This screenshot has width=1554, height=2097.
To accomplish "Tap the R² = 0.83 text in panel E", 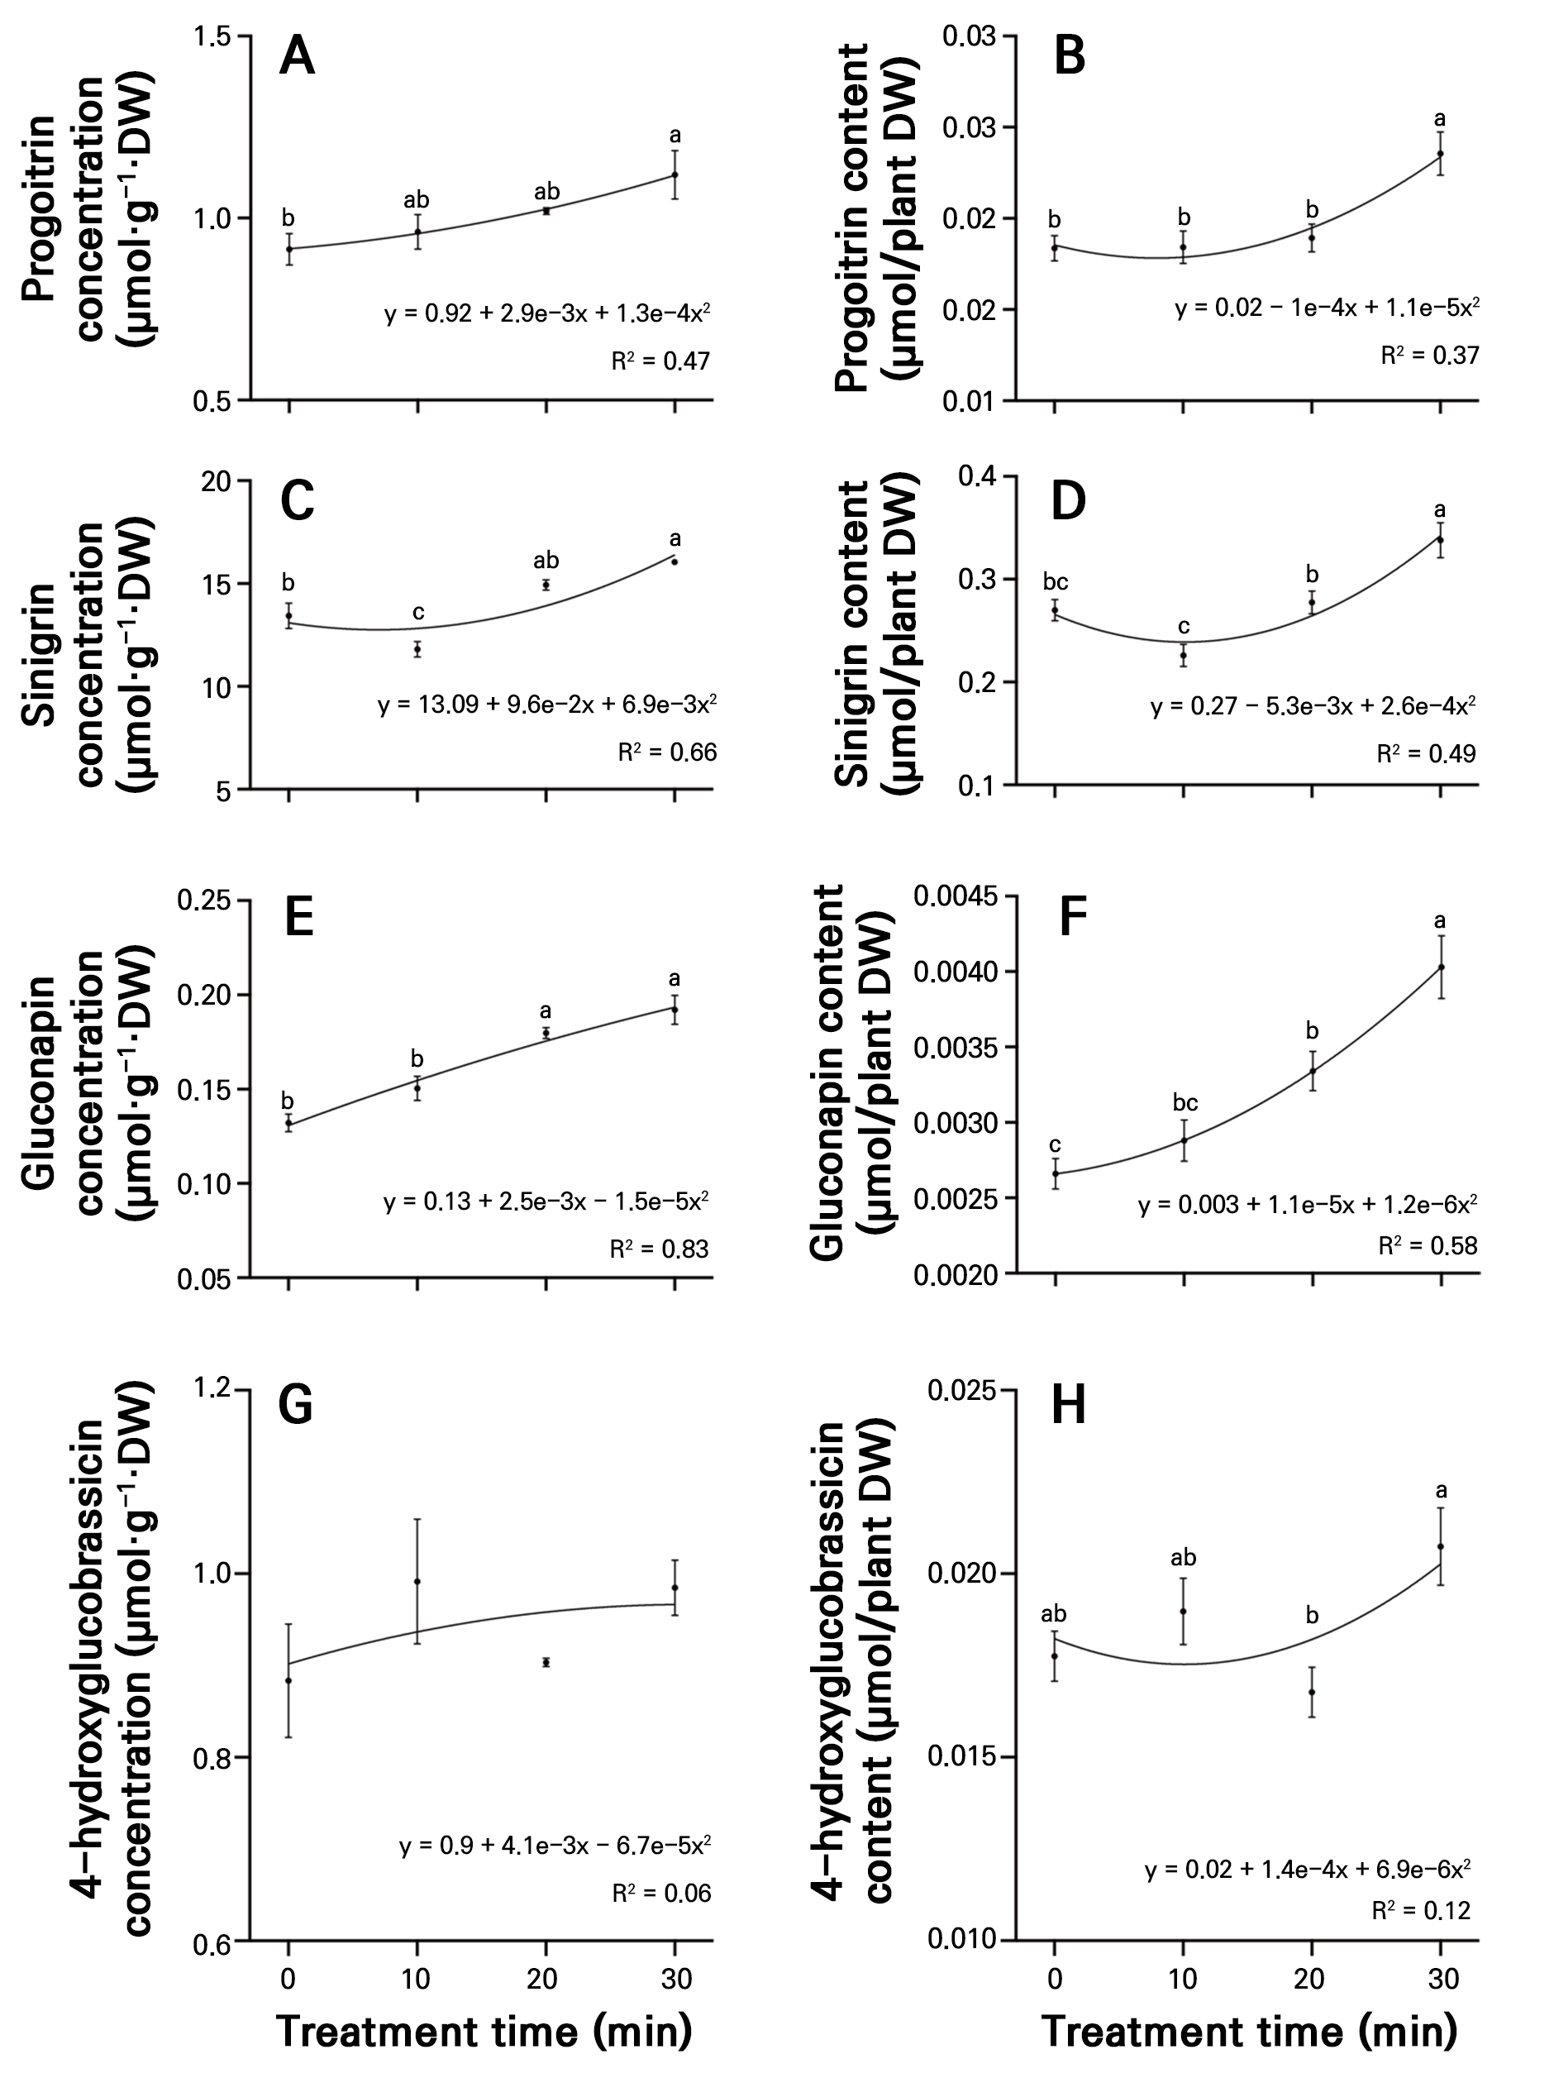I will click(659, 1249).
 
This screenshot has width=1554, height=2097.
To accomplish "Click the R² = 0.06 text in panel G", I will click(661, 1894).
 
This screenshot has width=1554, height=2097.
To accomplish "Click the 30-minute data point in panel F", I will click(1440, 967).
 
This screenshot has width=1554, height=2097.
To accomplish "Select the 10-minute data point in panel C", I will click(417, 649).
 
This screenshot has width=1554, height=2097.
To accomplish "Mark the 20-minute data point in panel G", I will click(546, 1662).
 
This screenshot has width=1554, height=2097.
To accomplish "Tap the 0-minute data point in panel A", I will click(290, 249).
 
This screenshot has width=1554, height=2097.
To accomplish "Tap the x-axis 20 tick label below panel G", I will click(543, 1980).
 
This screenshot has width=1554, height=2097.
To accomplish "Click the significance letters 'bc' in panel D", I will click(1056, 582).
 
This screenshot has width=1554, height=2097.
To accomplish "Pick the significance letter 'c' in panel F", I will click(1056, 1145).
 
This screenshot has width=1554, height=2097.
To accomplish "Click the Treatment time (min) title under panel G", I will click(484, 2032).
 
